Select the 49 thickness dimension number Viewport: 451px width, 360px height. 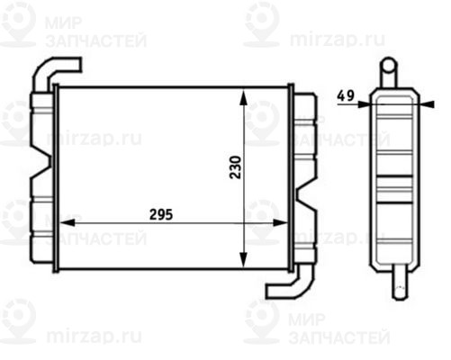[x=345, y=94]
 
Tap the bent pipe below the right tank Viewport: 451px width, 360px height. [x=285, y=287]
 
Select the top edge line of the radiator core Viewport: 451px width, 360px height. [x=171, y=87]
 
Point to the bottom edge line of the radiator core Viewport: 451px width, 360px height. [x=171, y=267]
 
